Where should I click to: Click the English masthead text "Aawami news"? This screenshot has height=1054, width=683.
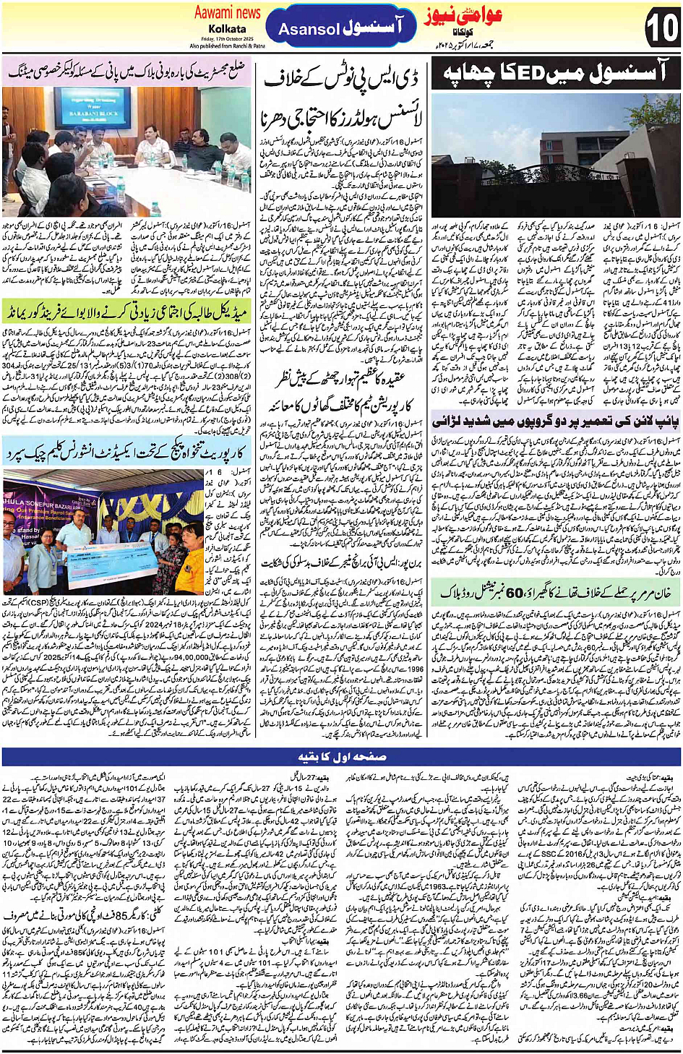[227, 12]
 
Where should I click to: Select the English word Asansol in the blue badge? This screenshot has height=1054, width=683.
[309, 30]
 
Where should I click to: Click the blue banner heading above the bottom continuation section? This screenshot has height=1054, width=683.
[341, 757]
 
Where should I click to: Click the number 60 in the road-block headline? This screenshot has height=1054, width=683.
[515, 592]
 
